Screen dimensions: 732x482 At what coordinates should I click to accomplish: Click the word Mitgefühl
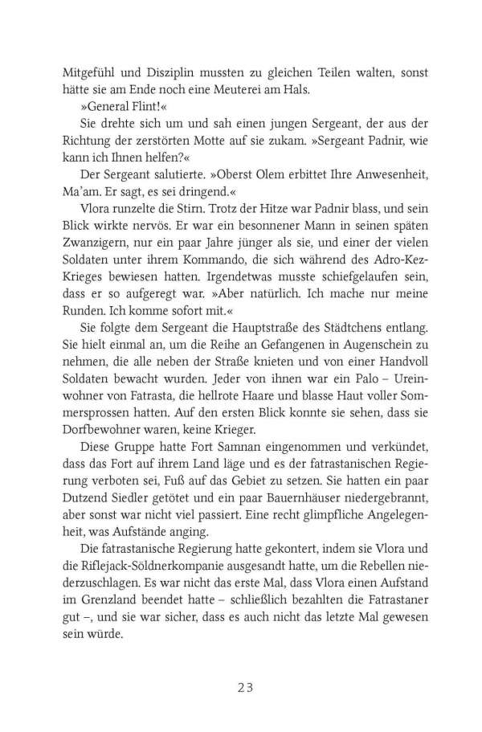[88, 70]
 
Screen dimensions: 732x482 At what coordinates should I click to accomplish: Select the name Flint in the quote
[141, 108]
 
